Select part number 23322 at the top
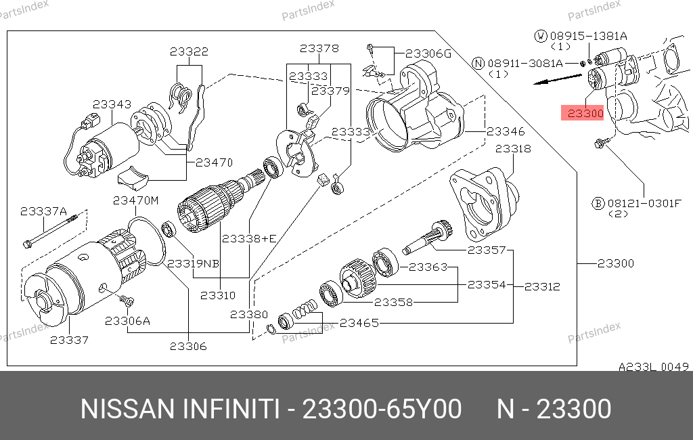(x=189, y=51)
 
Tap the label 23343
(x=112, y=104)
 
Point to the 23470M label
(x=135, y=201)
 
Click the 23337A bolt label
(x=43, y=211)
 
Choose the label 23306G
(x=428, y=53)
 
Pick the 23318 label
(x=513, y=148)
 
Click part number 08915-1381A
(x=589, y=36)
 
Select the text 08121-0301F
(x=644, y=204)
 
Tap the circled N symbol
(x=478, y=63)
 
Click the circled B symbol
(x=598, y=204)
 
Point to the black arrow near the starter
(x=558, y=79)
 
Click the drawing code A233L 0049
(x=654, y=367)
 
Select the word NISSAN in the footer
(x=128, y=409)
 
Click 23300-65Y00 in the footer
(x=382, y=409)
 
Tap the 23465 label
(x=359, y=324)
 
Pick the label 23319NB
(x=193, y=263)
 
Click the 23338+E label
(x=249, y=239)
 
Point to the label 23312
(x=542, y=286)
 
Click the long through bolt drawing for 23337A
(x=50, y=230)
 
